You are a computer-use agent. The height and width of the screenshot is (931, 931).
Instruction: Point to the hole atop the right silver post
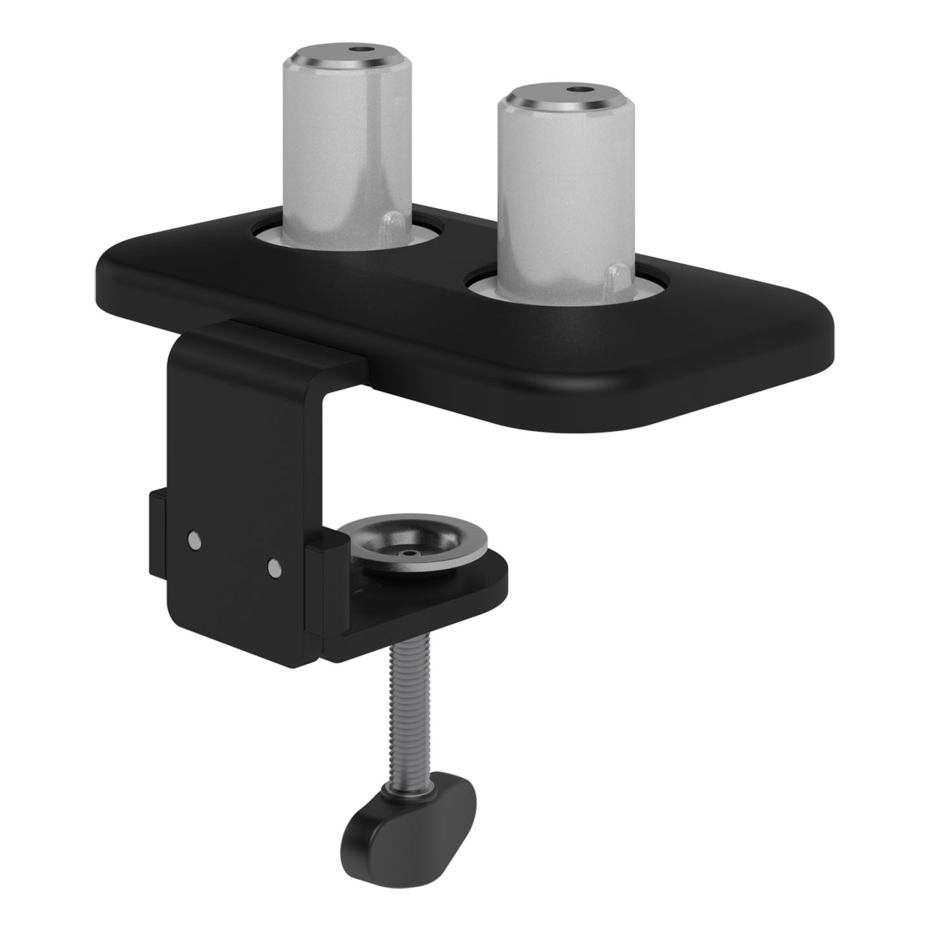pos(573,90)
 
